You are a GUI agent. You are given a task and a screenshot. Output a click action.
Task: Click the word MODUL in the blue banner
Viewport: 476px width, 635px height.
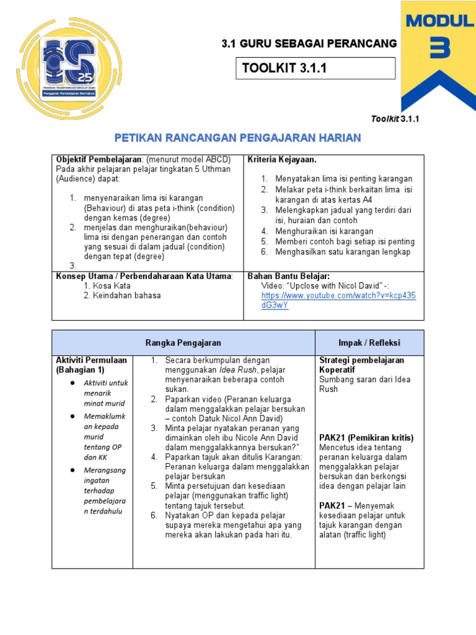click(x=439, y=20)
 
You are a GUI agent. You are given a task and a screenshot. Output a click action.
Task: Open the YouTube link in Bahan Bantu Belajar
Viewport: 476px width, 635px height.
click(x=338, y=301)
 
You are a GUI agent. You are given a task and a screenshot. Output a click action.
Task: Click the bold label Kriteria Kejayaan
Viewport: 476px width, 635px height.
click(x=282, y=160)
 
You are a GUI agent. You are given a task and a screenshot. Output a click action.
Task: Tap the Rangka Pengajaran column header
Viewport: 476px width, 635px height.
click(x=183, y=343)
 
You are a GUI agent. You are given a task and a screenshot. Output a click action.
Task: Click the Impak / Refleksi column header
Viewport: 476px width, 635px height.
click(x=370, y=343)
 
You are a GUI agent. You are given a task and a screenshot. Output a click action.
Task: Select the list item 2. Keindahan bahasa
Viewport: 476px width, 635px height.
click(x=121, y=296)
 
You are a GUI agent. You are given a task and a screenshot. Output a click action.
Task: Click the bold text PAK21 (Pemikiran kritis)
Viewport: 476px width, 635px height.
click(x=366, y=438)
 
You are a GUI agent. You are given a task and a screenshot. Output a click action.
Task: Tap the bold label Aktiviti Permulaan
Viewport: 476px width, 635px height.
click(x=91, y=360)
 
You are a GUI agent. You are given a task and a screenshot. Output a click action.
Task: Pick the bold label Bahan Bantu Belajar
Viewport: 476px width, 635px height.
click(x=288, y=276)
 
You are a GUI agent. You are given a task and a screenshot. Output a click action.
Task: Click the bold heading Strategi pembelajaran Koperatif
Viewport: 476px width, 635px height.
click(x=361, y=365)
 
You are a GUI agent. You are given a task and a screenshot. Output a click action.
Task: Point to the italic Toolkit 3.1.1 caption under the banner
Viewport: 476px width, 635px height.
click(x=395, y=118)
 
